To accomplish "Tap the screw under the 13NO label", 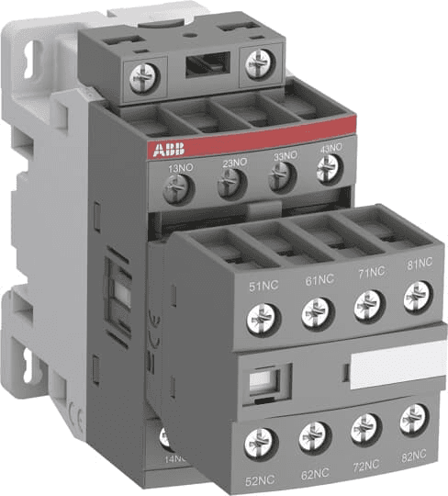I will [174, 189].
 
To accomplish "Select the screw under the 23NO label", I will [229, 186].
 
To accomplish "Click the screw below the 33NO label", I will [279, 180].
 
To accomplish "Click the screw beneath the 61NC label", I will [315, 316].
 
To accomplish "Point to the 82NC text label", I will [415, 454].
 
